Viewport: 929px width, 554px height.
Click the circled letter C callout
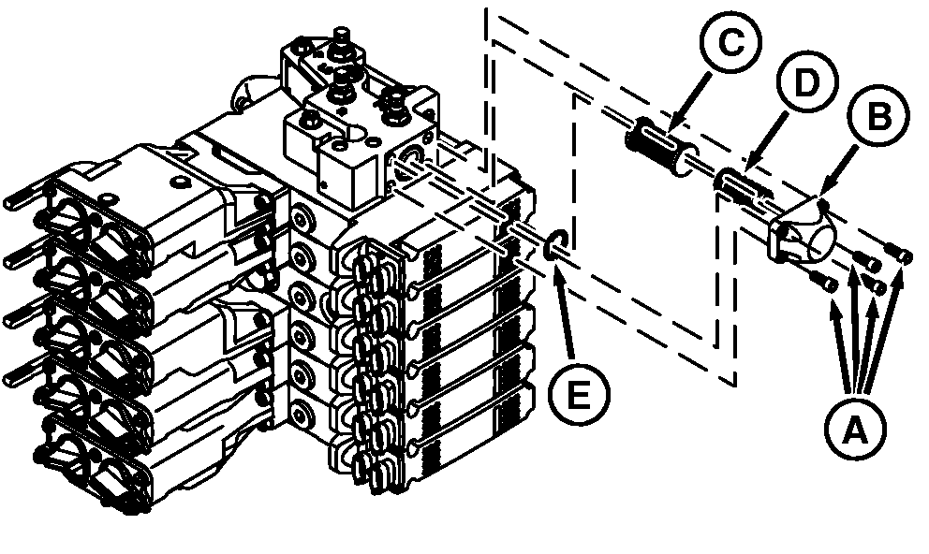(730, 43)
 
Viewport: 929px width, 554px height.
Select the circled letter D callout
(807, 82)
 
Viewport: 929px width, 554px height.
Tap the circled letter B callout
(878, 117)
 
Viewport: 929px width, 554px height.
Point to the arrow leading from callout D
(768, 141)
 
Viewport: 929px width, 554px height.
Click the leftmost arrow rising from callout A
(841, 344)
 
